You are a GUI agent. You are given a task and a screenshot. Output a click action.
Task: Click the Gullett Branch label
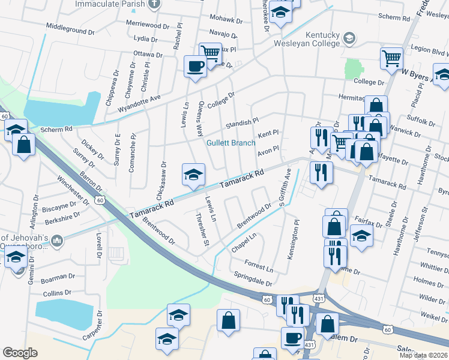pos(231,143)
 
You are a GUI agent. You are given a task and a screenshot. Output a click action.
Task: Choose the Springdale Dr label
pos(253,281)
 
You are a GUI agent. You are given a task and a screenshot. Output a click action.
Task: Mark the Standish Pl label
pos(242,123)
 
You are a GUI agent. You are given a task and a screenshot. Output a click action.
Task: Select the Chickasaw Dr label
pos(161,181)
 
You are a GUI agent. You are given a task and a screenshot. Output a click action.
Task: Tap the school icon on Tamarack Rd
pos(193,174)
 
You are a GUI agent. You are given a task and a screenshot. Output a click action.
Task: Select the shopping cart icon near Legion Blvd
pos(392,59)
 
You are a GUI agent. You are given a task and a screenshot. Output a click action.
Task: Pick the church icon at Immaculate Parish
pos(154,4)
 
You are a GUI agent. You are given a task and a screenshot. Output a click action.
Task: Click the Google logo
pos(20,352)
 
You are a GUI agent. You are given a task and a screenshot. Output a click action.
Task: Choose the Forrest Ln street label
pos(259,263)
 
